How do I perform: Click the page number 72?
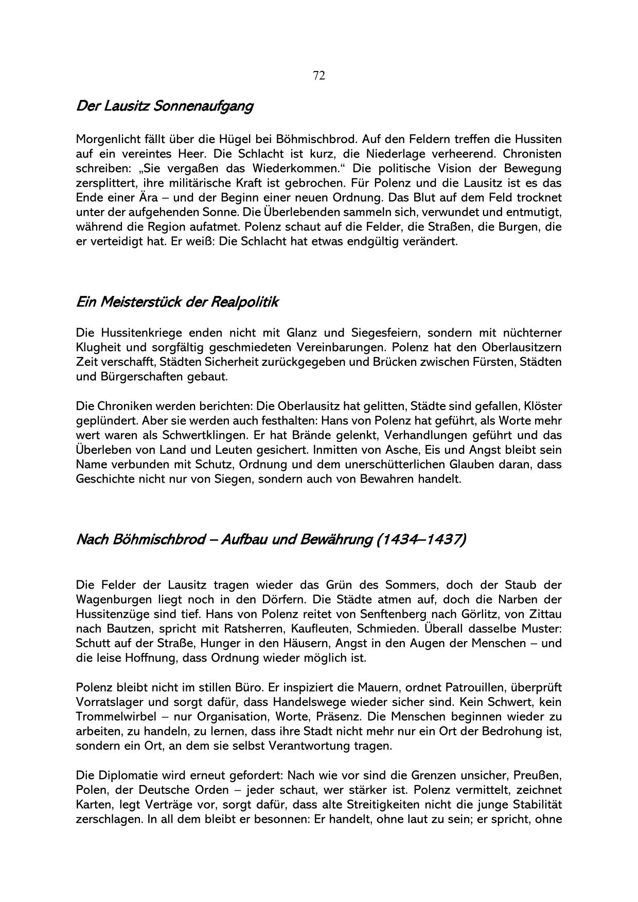coord(318,76)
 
